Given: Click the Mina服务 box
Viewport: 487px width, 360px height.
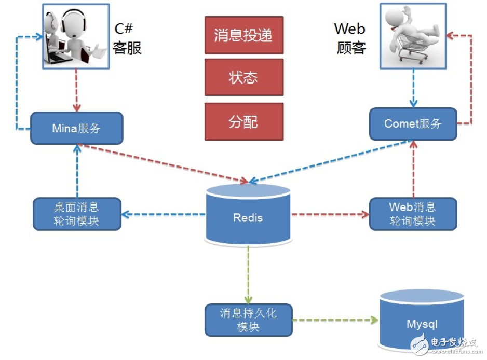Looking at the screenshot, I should (x=77, y=128).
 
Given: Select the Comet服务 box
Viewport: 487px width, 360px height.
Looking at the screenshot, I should (x=413, y=123).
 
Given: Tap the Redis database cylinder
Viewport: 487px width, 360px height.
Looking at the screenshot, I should (x=248, y=215).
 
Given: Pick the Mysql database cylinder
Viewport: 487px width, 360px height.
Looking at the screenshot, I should (x=422, y=322).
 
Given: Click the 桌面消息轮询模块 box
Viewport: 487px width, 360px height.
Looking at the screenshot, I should (x=76, y=214).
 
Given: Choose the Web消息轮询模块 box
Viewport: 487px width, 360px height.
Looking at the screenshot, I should (x=413, y=214).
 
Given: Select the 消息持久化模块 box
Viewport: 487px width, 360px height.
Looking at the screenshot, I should (x=248, y=320).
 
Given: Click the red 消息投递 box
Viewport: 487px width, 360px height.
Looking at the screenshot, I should (x=244, y=35).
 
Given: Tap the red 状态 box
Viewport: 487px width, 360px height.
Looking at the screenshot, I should (x=244, y=77).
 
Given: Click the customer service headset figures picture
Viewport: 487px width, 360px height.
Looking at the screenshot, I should (x=75, y=36).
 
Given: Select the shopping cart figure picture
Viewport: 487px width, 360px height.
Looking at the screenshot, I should (x=413, y=36).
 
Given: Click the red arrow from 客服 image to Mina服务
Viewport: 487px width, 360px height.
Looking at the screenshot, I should (x=77, y=91).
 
